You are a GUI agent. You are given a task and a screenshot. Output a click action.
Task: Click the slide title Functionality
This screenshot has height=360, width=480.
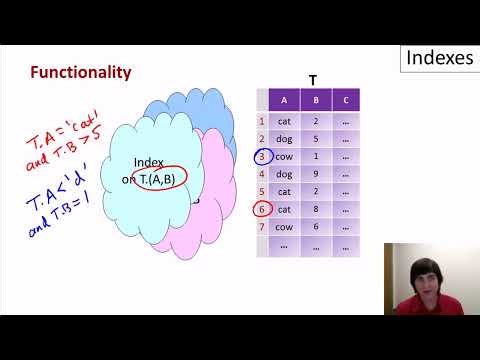[x=81, y=73]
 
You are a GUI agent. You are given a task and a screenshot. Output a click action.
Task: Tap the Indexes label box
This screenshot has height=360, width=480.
[x=439, y=58]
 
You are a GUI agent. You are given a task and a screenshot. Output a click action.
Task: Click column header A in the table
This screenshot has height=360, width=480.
[x=284, y=100]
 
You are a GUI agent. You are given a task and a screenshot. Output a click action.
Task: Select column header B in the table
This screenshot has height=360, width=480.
[x=315, y=100]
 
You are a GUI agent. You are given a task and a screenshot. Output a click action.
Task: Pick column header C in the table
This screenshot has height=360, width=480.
[x=346, y=100]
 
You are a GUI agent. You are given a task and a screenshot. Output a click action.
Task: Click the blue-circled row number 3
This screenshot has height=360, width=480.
[x=262, y=156]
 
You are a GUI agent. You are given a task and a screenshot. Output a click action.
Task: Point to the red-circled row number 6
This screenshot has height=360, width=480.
[x=262, y=209]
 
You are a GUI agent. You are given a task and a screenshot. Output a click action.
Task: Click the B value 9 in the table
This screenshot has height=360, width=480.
[x=315, y=173]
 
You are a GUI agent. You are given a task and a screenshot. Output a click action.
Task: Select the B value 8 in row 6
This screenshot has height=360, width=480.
[x=315, y=209]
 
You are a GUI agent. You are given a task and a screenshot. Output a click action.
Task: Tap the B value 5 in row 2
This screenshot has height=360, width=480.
[x=315, y=138]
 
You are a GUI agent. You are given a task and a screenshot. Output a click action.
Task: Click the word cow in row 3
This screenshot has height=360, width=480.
[x=284, y=156]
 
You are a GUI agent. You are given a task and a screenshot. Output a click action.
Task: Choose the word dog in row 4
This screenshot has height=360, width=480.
[x=284, y=173]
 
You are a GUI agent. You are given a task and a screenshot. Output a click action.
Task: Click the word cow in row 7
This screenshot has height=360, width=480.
[x=284, y=227]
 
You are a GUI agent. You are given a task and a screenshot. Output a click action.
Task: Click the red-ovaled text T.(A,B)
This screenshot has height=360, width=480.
[x=162, y=178]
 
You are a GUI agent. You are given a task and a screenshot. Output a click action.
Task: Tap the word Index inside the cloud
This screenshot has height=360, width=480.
[x=148, y=162]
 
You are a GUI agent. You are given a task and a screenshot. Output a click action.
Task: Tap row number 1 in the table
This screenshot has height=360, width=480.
[x=262, y=120]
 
